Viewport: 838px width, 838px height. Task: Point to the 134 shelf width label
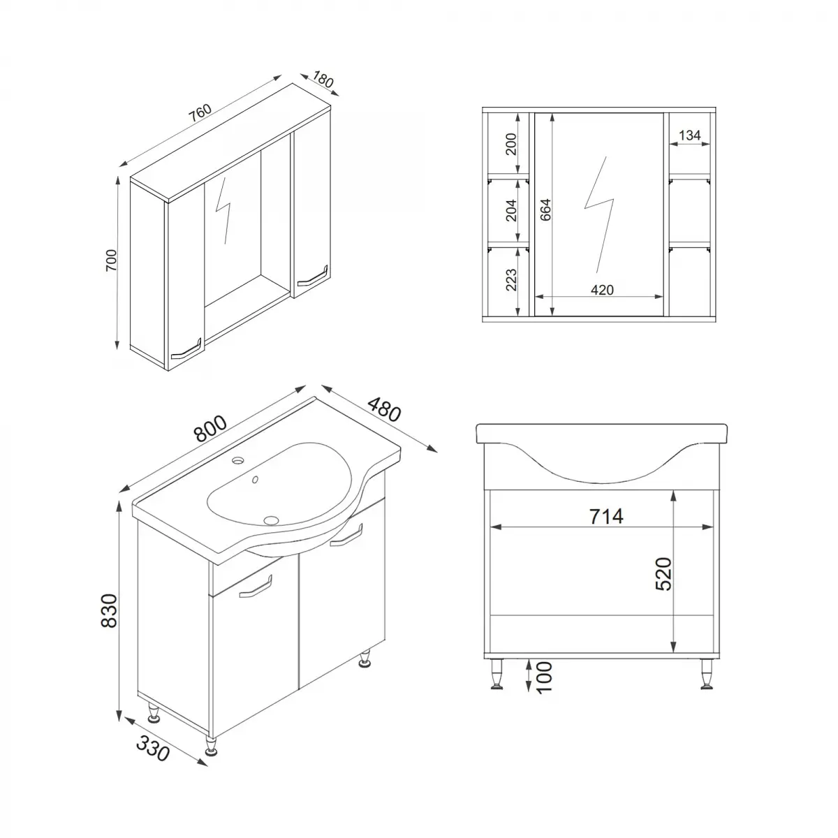[689, 135]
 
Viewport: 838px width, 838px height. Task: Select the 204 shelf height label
[510, 209]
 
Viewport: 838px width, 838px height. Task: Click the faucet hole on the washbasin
[240, 460]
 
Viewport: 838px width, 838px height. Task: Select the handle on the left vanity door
[256, 589]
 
